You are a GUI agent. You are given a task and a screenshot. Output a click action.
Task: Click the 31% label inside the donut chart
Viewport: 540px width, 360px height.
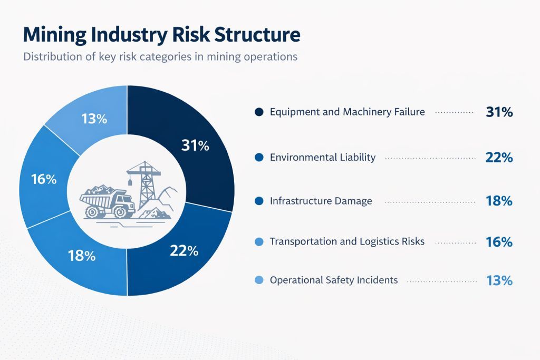point(195,146)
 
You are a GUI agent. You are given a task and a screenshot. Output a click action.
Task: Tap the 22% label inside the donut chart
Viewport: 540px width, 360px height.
point(184,251)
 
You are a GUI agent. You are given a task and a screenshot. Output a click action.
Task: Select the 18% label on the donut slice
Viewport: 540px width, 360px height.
point(82,256)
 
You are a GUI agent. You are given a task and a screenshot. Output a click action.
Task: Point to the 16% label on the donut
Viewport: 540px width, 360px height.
point(44,179)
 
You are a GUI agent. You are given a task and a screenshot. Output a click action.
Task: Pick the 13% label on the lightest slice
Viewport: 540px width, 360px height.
point(94,119)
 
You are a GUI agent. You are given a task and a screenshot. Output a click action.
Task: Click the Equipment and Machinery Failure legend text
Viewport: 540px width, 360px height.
point(347,112)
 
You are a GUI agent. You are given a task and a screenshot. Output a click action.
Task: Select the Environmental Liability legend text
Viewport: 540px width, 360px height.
point(322,157)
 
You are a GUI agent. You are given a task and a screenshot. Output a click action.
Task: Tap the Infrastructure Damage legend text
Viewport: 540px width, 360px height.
point(321,201)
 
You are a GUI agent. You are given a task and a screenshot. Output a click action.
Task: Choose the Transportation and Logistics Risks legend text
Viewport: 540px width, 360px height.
point(347,241)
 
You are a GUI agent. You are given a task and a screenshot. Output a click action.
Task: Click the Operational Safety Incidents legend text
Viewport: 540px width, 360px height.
point(333,280)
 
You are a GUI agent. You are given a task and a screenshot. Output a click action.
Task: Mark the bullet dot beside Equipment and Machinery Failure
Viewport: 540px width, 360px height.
point(258,112)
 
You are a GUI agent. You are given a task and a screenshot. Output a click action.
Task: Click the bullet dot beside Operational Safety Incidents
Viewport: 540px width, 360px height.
point(258,280)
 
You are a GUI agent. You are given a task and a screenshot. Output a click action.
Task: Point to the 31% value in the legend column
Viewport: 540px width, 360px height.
point(499,112)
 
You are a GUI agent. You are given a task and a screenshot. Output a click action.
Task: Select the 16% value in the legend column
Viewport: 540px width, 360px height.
point(499,242)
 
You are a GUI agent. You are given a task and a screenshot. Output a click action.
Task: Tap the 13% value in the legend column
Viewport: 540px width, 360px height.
point(499,280)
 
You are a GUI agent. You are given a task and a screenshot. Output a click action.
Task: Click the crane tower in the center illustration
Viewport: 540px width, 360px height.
point(144,184)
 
